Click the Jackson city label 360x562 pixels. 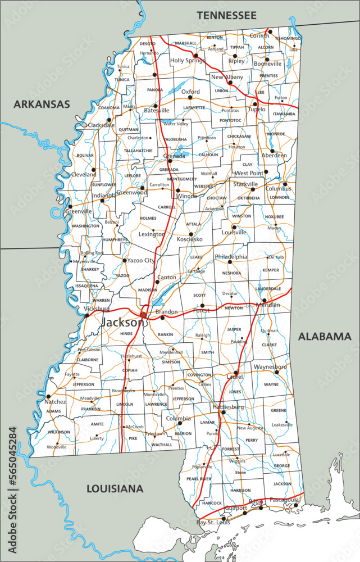[x=122, y=323]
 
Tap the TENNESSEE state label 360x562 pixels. [x=226, y=15]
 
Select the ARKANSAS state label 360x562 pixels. [x=42, y=104]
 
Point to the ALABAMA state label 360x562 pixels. [x=324, y=337]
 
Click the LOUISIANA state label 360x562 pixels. [x=115, y=489]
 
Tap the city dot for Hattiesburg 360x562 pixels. [x=223, y=413]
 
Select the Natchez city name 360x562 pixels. [x=56, y=402]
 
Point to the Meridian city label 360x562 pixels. [x=267, y=305]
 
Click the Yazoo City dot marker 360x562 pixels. [x=125, y=260]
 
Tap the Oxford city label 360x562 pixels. [x=190, y=92]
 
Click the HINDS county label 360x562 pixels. [x=126, y=333]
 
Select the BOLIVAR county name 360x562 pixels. [x=85, y=155]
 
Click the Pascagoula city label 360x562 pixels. [x=284, y=498]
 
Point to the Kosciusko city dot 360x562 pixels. [x=190, y=233]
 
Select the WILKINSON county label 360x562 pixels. [x=58, y=432]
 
